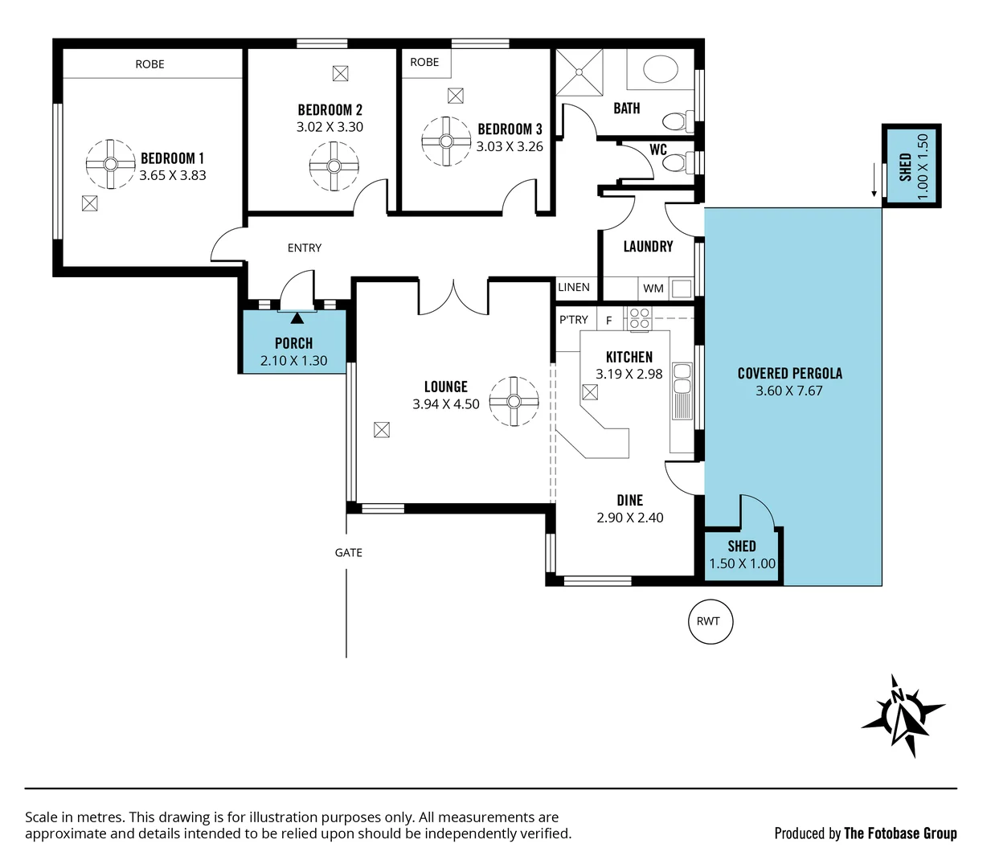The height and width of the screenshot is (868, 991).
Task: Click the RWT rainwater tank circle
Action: [x=710, y=621]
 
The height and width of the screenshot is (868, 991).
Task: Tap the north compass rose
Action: [x=902, y=714]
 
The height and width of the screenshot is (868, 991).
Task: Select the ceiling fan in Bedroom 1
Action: [x=110, y=164]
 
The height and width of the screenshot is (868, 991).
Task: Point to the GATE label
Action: [x=348, y=553]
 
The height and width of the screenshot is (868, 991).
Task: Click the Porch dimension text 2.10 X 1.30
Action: [x=293, y=361]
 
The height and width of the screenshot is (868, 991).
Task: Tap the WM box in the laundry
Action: [x=653, y=288]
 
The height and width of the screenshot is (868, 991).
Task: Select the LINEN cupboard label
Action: [x=574, y=287]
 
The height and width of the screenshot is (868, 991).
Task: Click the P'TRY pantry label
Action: [x=574, y=320]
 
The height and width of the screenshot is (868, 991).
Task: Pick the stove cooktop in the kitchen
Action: [x=640, y=318]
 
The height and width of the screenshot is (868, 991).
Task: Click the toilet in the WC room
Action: [x=678, y=163]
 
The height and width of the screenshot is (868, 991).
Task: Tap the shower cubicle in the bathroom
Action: [x=579, y=72]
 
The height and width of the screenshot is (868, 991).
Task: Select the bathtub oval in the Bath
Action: [x=660, y=70]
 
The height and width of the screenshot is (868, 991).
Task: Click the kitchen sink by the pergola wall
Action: [x=682, y=391]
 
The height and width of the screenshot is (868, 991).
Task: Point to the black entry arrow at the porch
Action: [x=297, y=318]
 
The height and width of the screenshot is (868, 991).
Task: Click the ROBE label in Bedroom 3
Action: [x=424, y=62]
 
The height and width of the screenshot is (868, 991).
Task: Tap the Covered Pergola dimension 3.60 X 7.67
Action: [x=788, y=391]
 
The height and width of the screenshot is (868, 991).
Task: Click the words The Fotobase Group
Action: [x=900, y=833]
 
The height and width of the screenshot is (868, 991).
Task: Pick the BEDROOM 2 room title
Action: [x=330, y=110]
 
